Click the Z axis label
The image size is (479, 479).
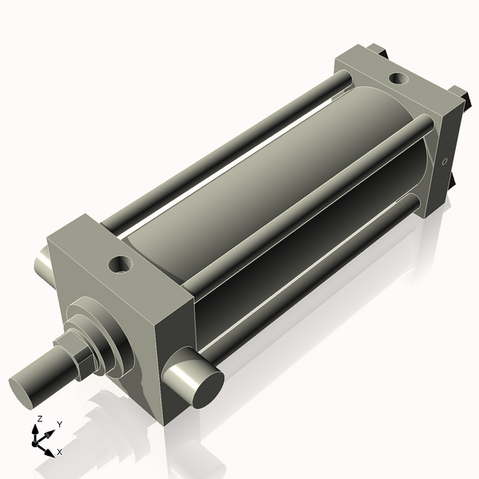[x=39, y=419]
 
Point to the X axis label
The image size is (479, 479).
[x=58, y=453]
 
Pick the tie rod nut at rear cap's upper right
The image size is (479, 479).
[x=460, y=93]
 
